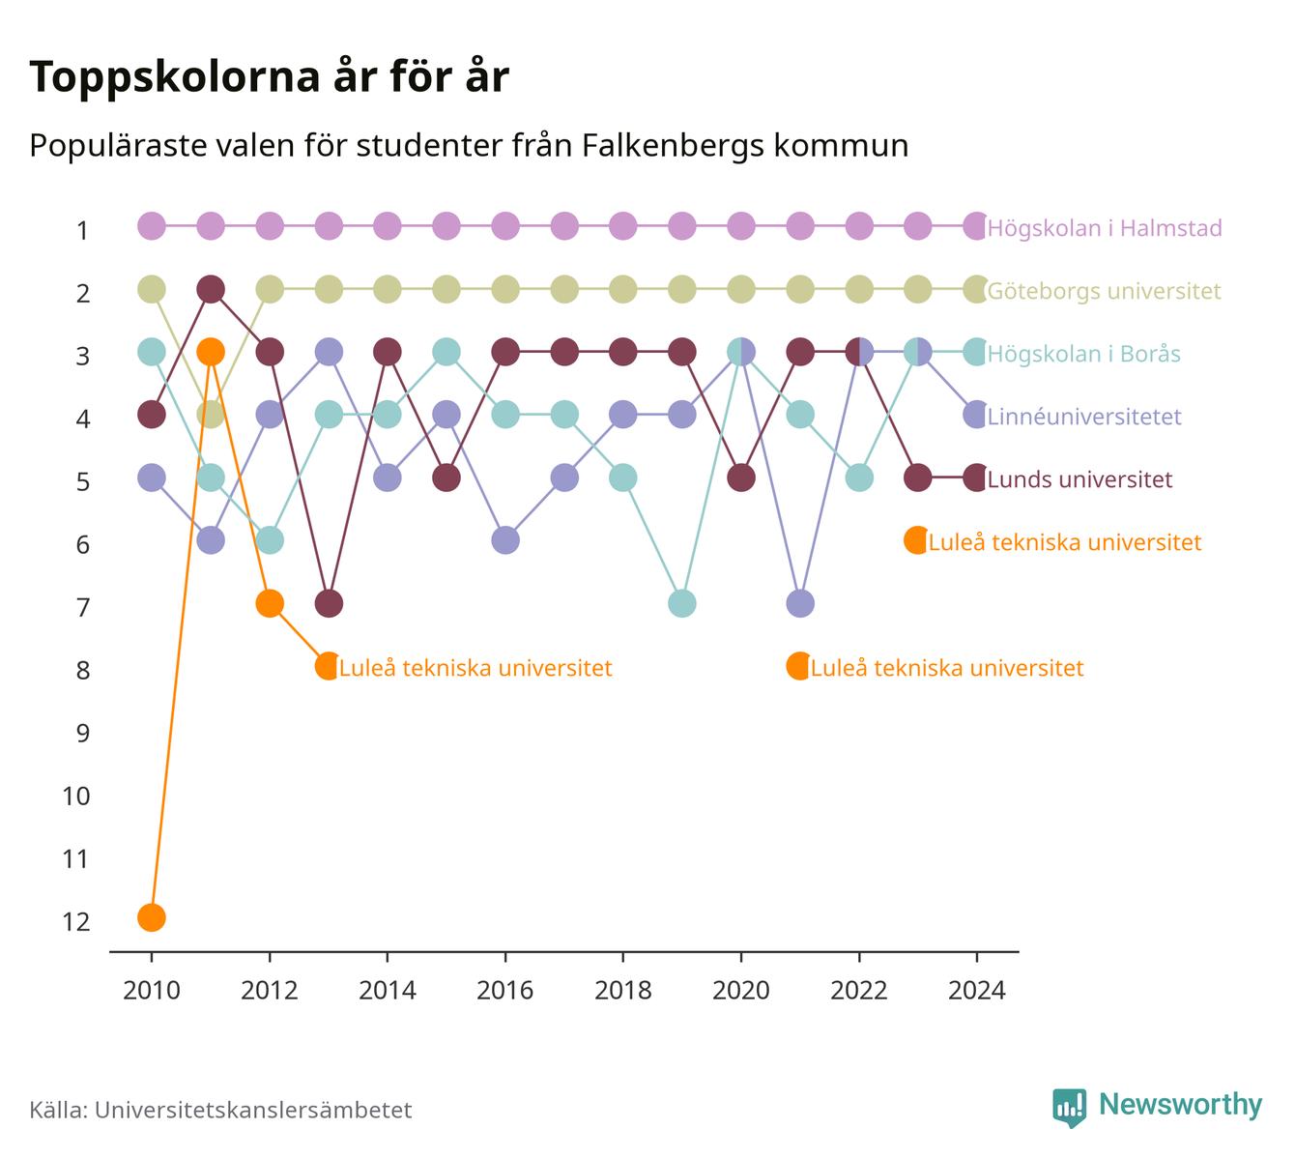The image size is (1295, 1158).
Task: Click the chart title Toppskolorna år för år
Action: (x=269, y=76)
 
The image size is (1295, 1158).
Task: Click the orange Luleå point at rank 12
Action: (x=152, y=917)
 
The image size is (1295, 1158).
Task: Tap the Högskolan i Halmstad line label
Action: (x=1104, y=227)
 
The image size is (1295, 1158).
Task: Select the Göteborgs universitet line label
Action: (x=1104, y=291)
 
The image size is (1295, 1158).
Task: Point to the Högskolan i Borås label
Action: (x=1083, y=353)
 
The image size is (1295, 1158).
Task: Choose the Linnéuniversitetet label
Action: (x=1084, y=417)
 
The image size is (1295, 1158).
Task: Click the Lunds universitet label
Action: (x=1079, y=478)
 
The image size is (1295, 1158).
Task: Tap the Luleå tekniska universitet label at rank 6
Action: (x=1065, y=542)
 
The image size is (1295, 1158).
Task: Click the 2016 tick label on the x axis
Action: (x=505, y=991)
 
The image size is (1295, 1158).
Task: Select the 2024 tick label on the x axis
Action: (x=977, y=991)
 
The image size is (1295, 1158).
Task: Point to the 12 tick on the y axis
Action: (x=76, y=922)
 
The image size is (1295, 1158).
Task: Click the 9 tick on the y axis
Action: (x=83, y=734)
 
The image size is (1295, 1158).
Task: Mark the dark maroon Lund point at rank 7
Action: (x=329, y=603)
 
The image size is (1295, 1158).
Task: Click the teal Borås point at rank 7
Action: (x=682, y=603)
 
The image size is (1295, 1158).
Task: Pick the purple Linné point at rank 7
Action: (x=799, y=603)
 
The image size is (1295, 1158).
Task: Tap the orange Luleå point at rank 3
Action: (x=211, y=352)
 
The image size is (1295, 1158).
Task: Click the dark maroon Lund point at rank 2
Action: (x=211, y=289)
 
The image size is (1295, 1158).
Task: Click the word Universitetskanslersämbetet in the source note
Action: (x=253, y=1110)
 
